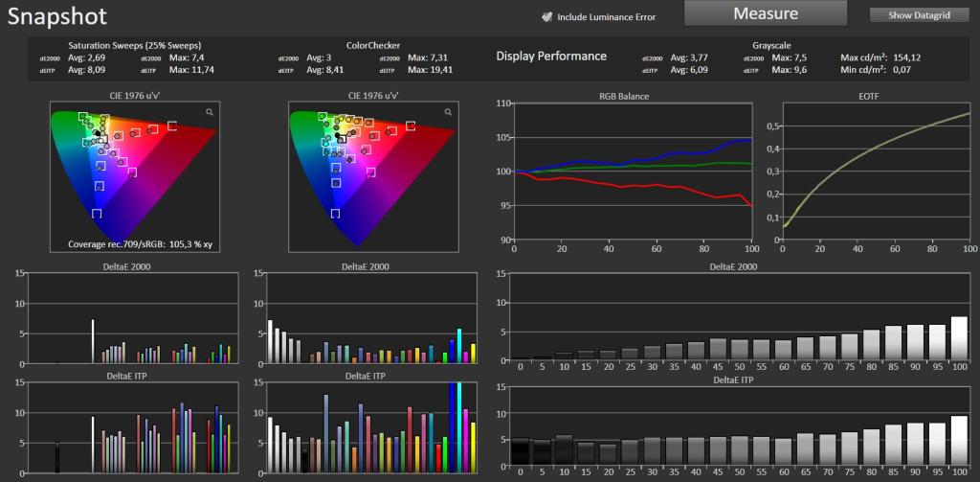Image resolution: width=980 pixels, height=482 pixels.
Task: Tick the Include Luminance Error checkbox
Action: (546, 17)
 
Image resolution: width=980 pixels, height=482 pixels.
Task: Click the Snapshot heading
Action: (56, 16)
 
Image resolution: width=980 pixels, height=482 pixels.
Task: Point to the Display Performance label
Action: (551, 56)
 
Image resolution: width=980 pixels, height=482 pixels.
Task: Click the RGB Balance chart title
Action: (632, 97)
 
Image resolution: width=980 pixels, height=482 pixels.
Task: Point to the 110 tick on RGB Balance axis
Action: (503, 103)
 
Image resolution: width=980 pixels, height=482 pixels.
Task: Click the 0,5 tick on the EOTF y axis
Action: (772, 126)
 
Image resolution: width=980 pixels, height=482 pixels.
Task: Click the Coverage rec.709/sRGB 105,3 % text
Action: (140, 244)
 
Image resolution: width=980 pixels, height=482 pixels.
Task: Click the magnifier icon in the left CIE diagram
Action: (210, 112)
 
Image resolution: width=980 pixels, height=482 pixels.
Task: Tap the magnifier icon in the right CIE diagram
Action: (448, 112)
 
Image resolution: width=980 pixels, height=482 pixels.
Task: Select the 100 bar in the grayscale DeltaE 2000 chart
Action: (959, 338)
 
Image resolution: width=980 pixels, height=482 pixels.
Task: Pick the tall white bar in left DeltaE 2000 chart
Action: (93, 341)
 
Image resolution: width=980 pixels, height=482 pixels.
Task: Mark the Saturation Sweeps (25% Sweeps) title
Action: (134, 46)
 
